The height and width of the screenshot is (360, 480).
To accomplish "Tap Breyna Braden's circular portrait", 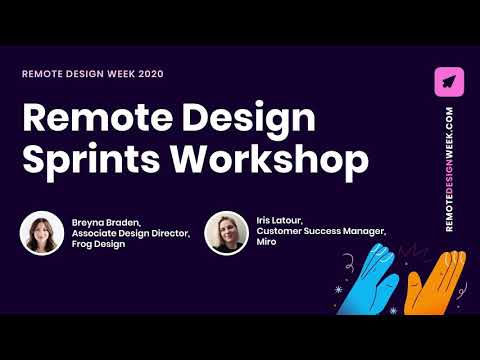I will coord(41,232).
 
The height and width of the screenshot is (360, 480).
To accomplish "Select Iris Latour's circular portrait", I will coord(226,232).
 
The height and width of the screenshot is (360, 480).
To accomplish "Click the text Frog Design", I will coord(99,244).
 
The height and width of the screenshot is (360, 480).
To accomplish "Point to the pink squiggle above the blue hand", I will coord(352,235).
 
